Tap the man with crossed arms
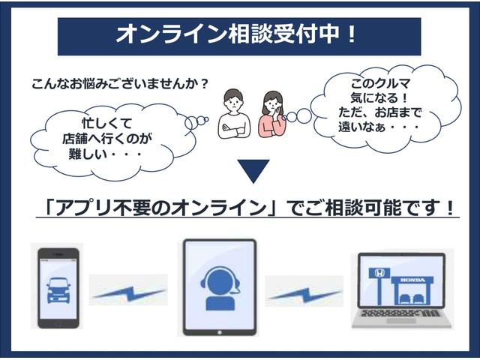[233, 113]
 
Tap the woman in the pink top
[271, 114]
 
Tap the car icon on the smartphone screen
[60, 288]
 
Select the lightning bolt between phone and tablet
[128, 292]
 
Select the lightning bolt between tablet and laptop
[303, 292]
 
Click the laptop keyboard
[401, 314]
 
